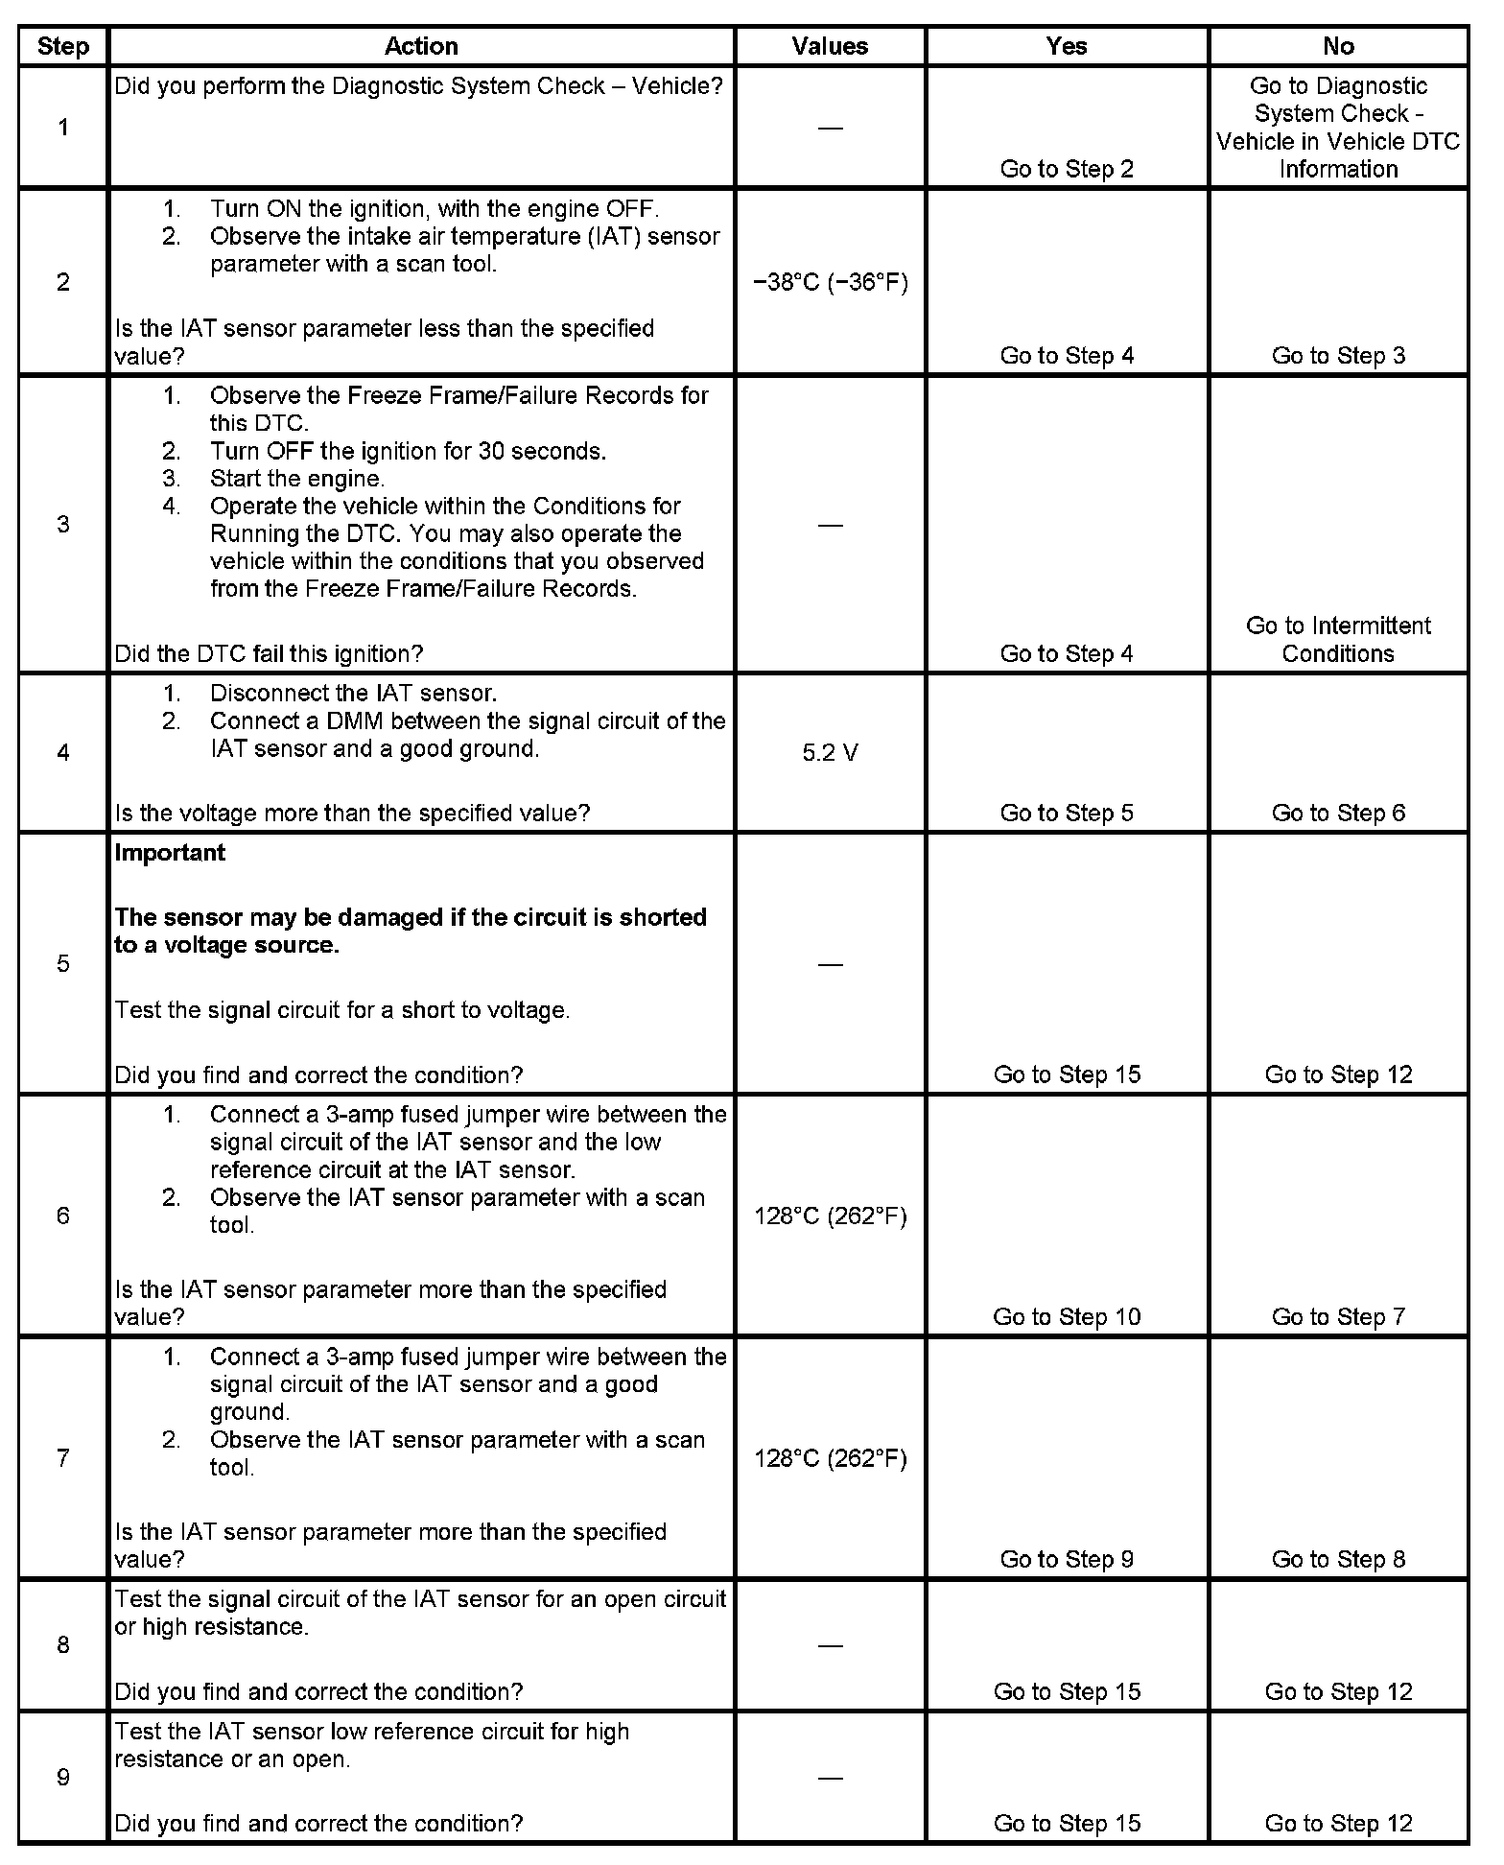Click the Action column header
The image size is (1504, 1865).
(421, 46)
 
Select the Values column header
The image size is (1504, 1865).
(830, 46)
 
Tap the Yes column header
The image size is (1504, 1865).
(1067, 46)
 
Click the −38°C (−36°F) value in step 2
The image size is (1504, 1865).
(831, 282)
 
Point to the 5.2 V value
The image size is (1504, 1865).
(831, 753)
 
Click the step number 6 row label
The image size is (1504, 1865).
(63, 1216)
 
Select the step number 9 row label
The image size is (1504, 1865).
(63, 1778)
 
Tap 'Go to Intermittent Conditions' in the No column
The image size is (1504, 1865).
(1338, 639)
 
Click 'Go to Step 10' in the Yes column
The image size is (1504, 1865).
(1067, 1316)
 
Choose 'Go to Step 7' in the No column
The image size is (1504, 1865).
(1338, 1316)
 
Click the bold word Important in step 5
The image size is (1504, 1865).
(170, 853)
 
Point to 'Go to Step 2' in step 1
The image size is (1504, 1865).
(1067, 169)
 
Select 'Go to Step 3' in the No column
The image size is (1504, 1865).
(1338, 356)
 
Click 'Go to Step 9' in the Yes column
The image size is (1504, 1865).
(1067, 1559)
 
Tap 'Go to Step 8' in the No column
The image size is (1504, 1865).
(1338, 1559)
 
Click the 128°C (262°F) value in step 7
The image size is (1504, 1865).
(831, 1458)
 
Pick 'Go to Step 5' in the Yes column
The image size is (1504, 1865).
(1067, 813)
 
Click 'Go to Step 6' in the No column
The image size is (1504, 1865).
(1338, 813)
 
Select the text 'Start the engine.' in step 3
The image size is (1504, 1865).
(297, 479)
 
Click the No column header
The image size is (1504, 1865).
(1338, 46)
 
